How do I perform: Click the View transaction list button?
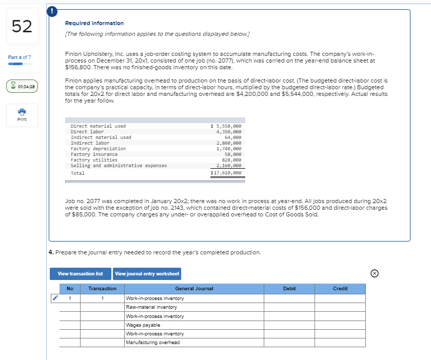[80, 274]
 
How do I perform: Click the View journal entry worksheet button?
[147, 274]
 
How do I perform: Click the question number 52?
[21, 26]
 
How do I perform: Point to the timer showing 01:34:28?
[21, 87]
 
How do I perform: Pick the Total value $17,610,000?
[226, 173]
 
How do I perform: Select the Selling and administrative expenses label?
[119, 166]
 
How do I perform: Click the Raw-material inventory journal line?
[151, 307]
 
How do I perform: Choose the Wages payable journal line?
[143, 325]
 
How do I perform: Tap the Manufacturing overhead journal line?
[153, 343]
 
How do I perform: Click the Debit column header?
[289, 289]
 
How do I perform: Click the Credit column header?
[340, 289]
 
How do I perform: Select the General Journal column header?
[194, 289]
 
